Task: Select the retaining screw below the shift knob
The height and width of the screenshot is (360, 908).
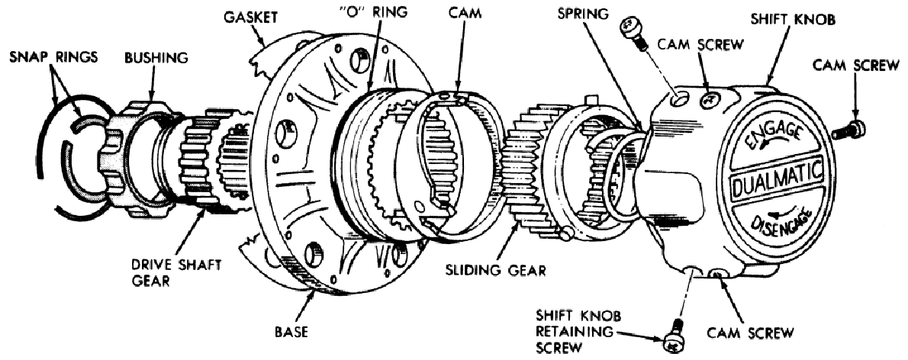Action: pyautogui.click(x=674, y=336)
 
